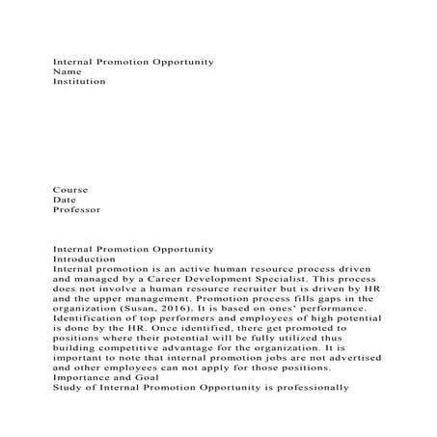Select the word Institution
tap(79, 83)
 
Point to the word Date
tap(65, 200)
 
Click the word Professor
tap(76, 210)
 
